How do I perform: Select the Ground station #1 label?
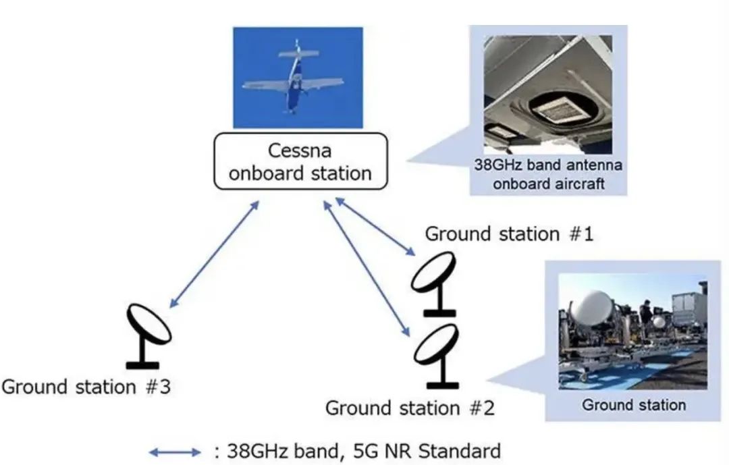(509, 234)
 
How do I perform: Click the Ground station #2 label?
(410, 408)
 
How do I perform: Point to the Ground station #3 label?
(86, 387)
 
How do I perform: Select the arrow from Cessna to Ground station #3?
(213, 253)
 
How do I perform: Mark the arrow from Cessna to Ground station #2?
(369, 270)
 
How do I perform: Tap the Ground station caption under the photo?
(633, 405)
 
